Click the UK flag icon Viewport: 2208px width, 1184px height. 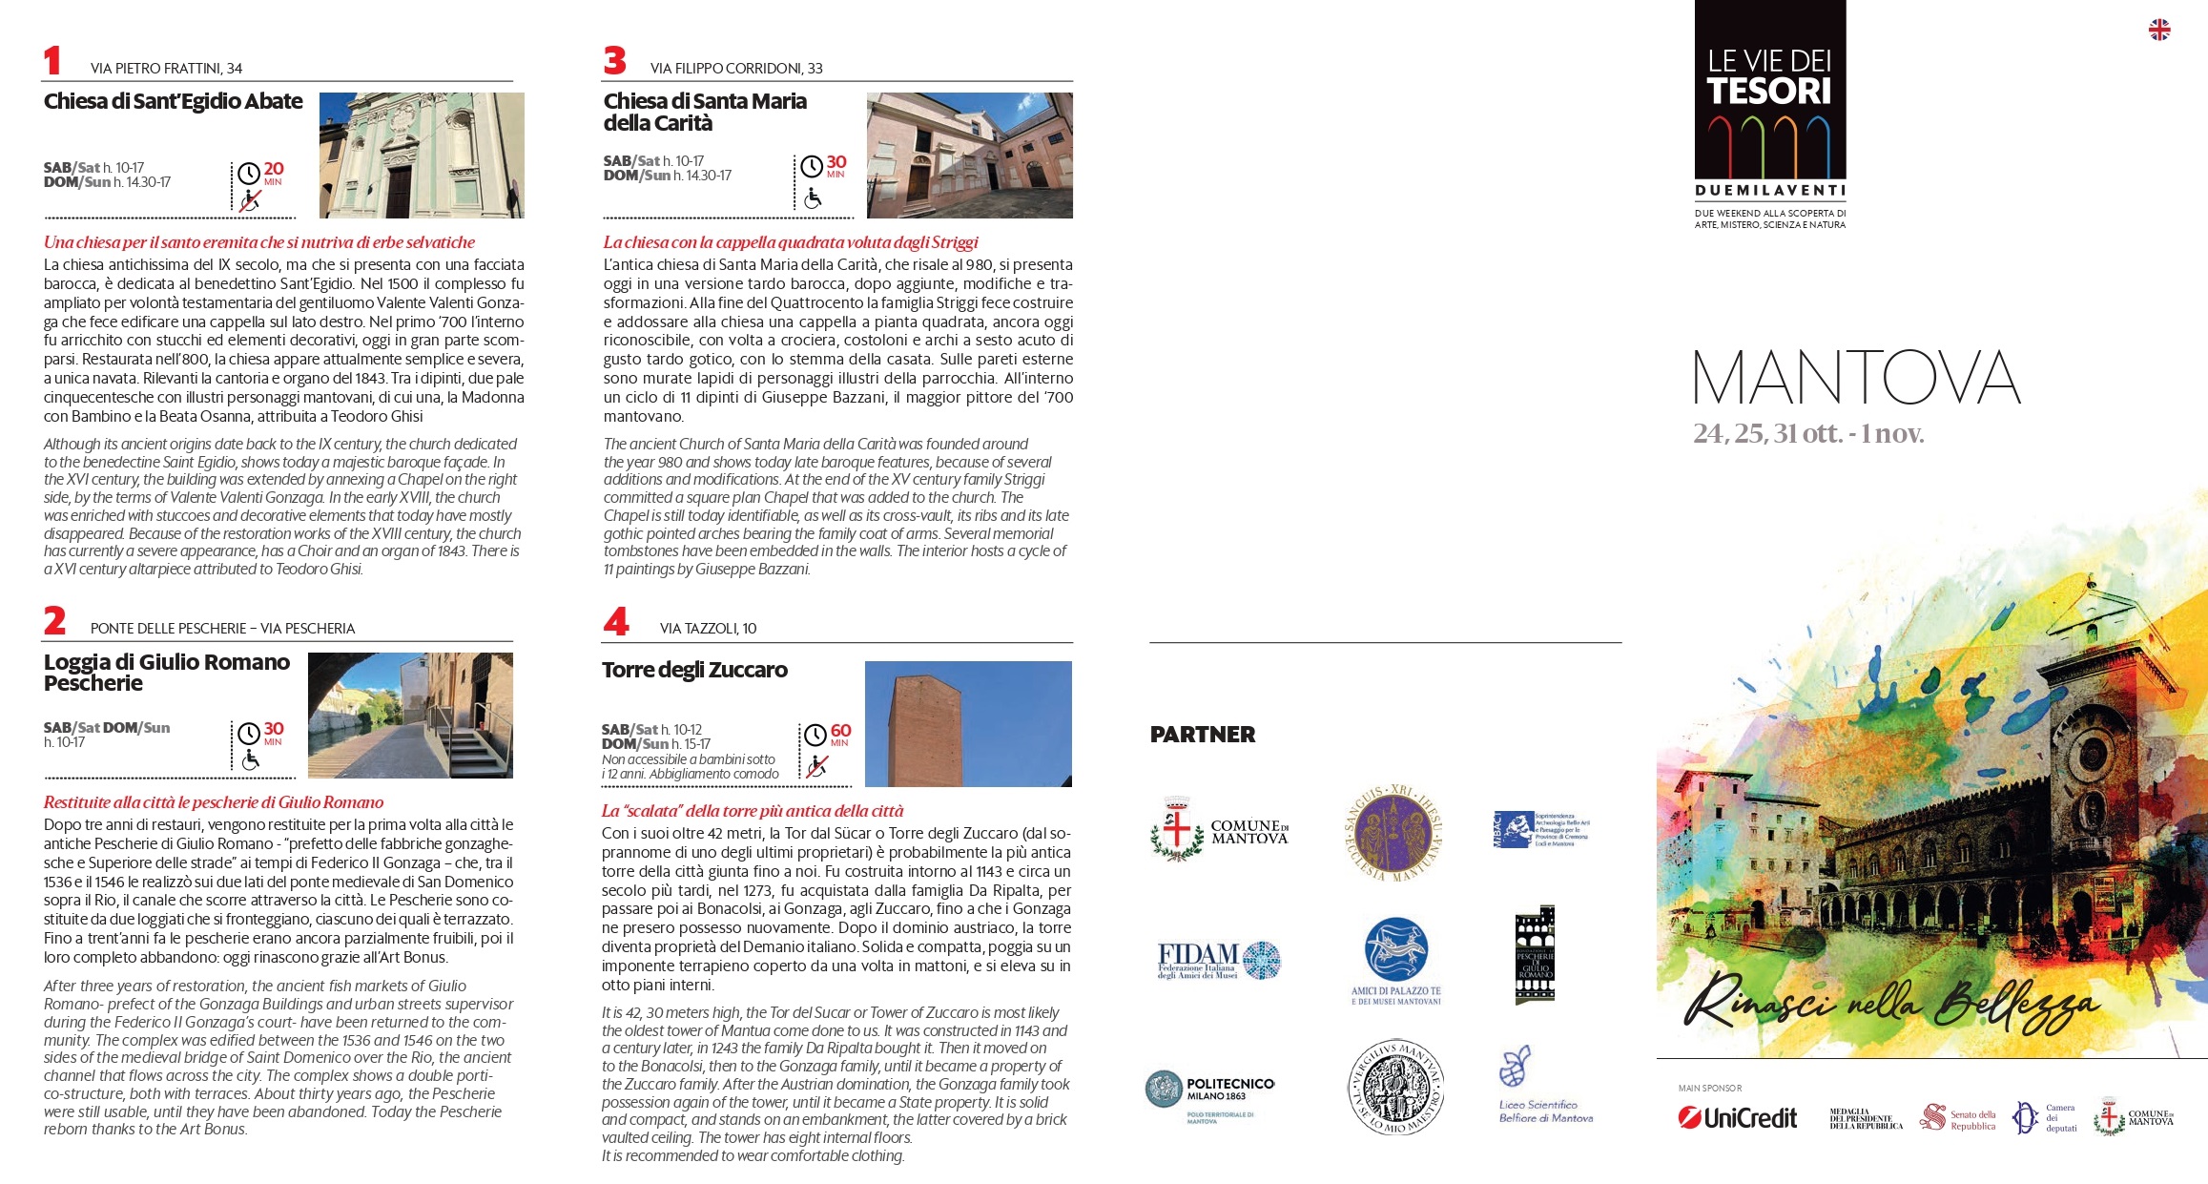pyautogui.click(x=2159, y=31)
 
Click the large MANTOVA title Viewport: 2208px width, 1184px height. pyautogui.click(x=1856, y=378)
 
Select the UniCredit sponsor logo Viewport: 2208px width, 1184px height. pyautogui.click(x=1738, y=1117)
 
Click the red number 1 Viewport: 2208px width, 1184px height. pyautogui.click(x=52, y=61)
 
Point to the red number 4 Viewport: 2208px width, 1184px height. pyautogui.click(x=616, y=622)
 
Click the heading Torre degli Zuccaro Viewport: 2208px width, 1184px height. pyautogui.click(x=694, y=670)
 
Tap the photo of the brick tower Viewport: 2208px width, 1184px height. pyautogui.click(x=967, y=724)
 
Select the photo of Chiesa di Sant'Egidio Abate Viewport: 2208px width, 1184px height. pyautogui.click(x=422, y=156)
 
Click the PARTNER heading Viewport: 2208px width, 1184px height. pyautogui.click(x=1203, y=735)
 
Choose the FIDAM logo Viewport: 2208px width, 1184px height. pyautogui.click(x=1218, y=960)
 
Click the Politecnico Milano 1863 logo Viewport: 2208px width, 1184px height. pyautogui.click(x=1210, y=1092)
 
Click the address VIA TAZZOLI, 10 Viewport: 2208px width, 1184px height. pyautogui.click(x=708, y=629)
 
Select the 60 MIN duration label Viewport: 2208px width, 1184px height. pyautogui.click(x=840, y=734)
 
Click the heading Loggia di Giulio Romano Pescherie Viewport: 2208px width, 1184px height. pyautogui.click(x=167, y=673)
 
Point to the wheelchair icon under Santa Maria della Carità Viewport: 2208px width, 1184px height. pyautogui.click(x=813, y=198)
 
